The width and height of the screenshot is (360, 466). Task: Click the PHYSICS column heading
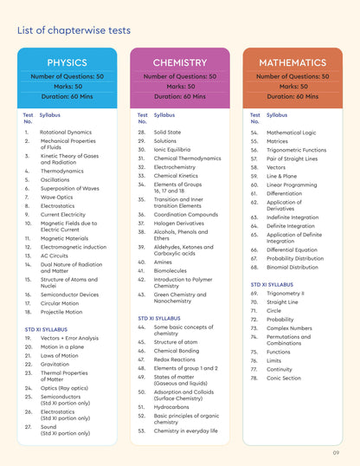(67, 62)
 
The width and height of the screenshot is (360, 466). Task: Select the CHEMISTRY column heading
(180, 62)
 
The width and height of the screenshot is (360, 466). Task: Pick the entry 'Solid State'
(168, 132)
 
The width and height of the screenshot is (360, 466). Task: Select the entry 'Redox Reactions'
(175, 359)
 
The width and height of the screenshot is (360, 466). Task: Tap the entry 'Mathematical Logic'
(292, 132)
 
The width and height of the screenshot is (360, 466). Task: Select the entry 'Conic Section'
(286, 378)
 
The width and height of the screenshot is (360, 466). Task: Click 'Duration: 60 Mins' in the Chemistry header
(180, 96)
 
